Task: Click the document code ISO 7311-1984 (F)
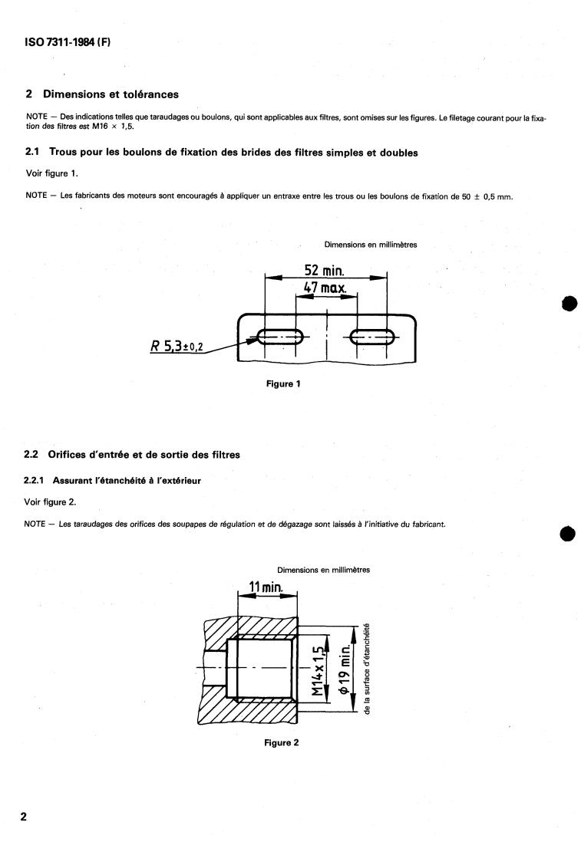[68, 44]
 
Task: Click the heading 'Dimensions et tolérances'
[111, 94]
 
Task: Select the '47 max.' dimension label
[325, 290]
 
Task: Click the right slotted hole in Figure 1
[372, 335]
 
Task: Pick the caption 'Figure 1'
[282, 384]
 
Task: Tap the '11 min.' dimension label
[266, 587]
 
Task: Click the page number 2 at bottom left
[24, 816]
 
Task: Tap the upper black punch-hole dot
[568, 303]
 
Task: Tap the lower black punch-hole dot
[568, 532]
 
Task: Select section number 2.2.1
[38, 480]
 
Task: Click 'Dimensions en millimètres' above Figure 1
[371, 245]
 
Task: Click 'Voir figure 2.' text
[52, 502]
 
